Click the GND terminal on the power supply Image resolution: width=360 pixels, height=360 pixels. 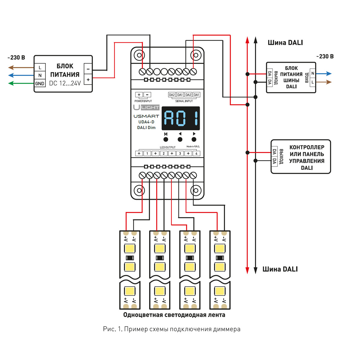40,84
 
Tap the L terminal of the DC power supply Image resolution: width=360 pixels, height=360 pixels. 40,67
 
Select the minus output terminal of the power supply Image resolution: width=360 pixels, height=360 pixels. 88,69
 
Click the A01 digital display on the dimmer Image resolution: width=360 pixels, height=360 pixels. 181,118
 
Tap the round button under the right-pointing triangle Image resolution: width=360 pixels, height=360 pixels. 194,139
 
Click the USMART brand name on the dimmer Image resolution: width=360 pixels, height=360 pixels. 146,116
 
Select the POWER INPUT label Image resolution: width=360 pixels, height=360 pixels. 143,101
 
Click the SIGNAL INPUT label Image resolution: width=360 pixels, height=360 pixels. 184,101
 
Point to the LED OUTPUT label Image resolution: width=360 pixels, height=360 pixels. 168,147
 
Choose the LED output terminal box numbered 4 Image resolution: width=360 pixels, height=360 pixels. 196,154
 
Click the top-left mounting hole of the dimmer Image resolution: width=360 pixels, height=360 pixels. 139,55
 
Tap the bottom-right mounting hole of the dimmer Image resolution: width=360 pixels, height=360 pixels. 196,190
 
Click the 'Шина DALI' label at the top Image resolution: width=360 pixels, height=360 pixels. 285,43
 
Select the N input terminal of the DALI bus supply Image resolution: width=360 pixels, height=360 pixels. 313,73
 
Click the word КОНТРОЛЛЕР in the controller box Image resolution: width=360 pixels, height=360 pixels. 307,147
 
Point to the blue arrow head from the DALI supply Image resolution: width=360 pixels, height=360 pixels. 329,73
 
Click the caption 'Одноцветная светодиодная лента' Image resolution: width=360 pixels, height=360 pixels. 174,315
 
